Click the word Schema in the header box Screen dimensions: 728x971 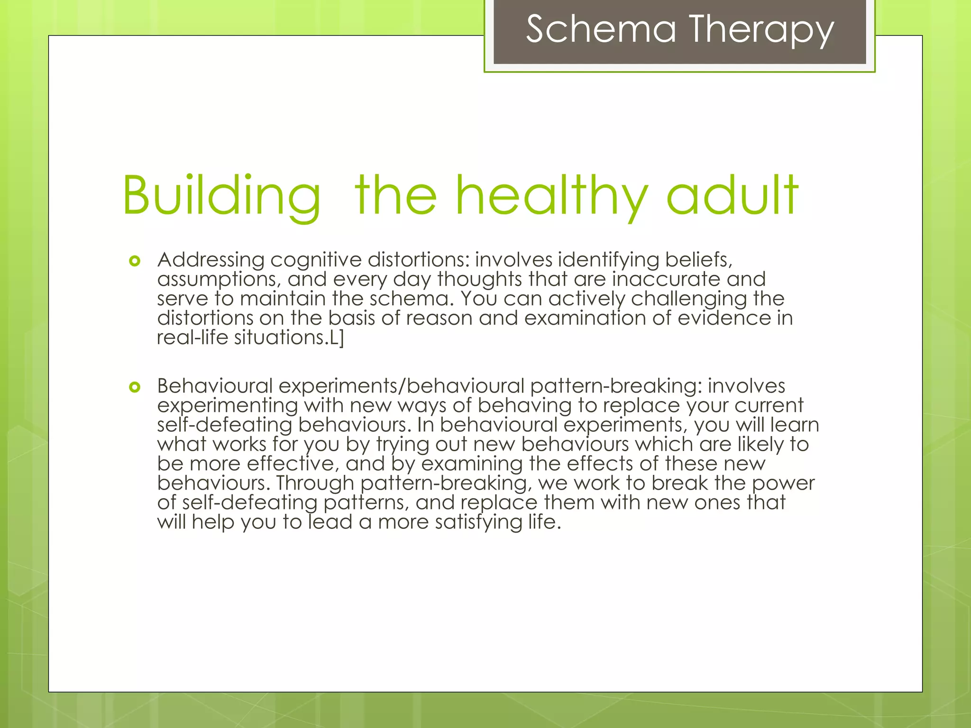[x=601, y=29]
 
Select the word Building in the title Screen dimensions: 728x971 [x=221, y=196]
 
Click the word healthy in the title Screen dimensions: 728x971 [x=551, y=196]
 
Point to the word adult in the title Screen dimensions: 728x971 [x=732, y=196]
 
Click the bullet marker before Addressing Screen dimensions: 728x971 [x=135, y=261]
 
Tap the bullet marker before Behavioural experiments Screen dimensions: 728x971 [x=135, y=387]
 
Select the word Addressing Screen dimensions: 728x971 [x=211, y=260]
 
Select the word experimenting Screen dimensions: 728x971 [x=228, y=406]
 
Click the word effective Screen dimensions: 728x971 [x=293, y=464]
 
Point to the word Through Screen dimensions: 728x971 [x=315, y=483]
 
